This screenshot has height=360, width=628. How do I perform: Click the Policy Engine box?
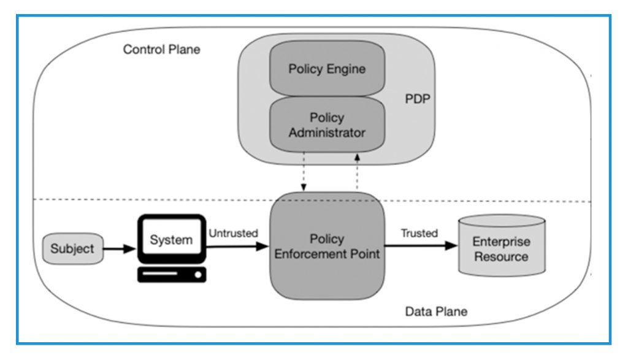pos(327,69)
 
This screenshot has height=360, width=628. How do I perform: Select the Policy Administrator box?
pos(327,124)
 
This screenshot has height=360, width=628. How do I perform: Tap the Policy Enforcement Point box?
pos(327,246)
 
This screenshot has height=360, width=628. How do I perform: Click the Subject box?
pos(72,248)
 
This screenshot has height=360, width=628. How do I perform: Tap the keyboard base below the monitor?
pos(171,275)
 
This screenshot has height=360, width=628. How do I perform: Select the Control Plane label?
pos(161,50)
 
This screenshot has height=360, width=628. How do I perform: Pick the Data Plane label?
pos(435,312)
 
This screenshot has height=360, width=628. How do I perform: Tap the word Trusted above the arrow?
pos(419,233)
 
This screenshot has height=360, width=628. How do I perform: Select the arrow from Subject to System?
pos(120,249)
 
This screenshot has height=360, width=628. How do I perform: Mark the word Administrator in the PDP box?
pos(327,132)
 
